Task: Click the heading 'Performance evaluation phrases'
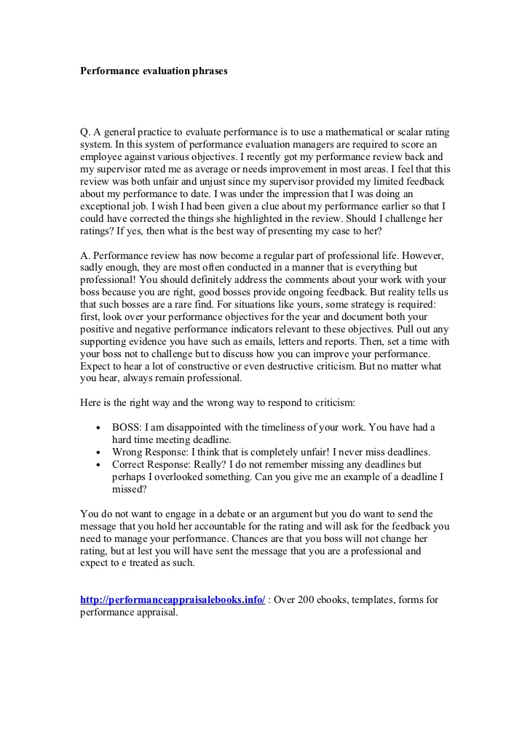click(154, 71)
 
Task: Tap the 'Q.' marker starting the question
click(85, 132)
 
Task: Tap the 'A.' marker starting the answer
click(85, 257)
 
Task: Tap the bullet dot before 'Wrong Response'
click(97, 452)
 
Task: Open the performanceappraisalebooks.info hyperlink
click(173, 600)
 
